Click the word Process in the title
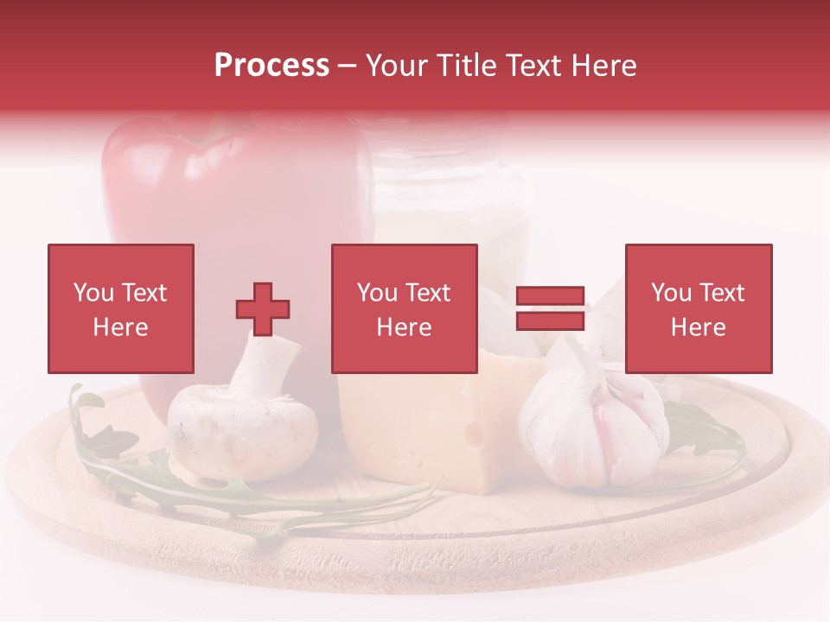point(271,65)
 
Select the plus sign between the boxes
point(263,309)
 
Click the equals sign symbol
point(550,308)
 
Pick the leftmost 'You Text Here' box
point(120,308)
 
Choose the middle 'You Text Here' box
point(404,308)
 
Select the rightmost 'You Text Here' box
point(698,308)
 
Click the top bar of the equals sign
point(550,296)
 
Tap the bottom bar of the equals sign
point(550,321)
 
